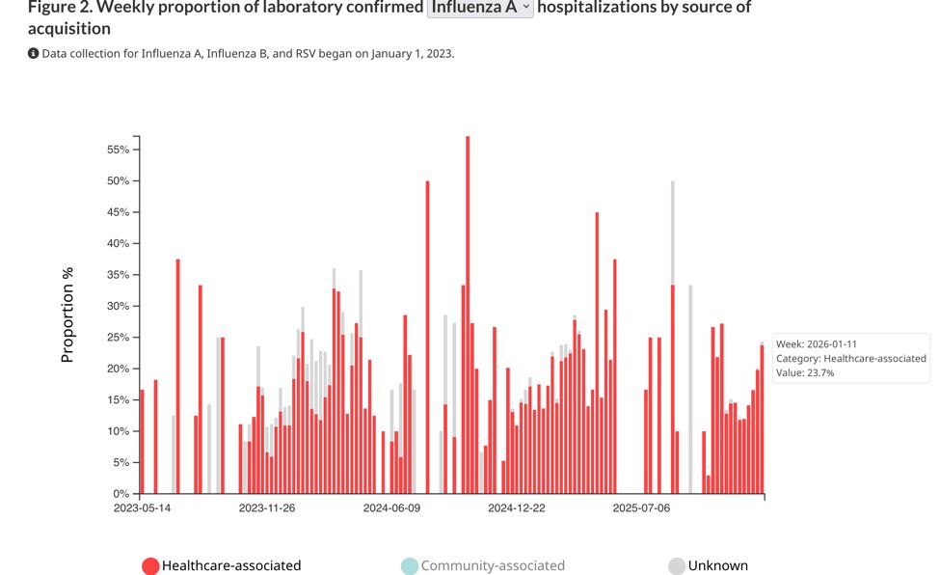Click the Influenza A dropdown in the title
[x=480, y=8]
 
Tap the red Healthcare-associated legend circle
[x=150, y=566]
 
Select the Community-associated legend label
[x=493, y=566]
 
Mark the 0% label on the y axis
[x=120, y=494]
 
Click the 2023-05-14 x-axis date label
[x=142, y=507]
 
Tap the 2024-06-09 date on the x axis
[x=391, y=507]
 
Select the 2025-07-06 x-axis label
[x=641, y=507]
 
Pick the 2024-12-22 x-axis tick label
[x=517, y=507]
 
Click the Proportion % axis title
[x=67, y=315]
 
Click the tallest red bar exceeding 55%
[x=468, y=309]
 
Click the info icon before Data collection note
[x=33, y=53]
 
